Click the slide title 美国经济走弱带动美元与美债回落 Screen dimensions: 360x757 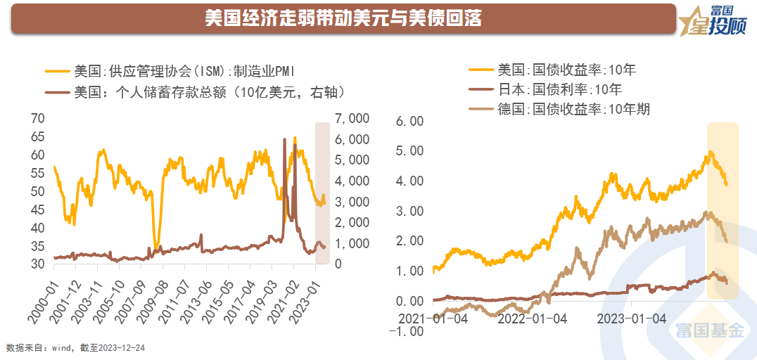(x=343, y=18)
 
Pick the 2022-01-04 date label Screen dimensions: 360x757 (x=532, y=318)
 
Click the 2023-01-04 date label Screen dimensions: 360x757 (x=631, y=318)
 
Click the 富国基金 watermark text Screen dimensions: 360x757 (x=709, y=330)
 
